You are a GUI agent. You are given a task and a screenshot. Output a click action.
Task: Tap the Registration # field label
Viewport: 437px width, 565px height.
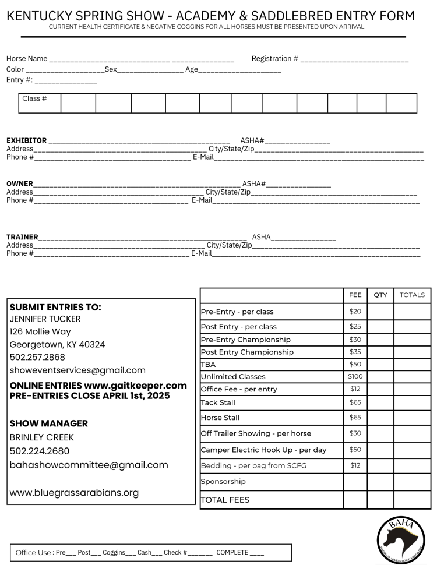click(x=274, y=59)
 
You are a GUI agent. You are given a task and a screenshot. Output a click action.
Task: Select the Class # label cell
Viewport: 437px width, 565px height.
click(x=34, y=98)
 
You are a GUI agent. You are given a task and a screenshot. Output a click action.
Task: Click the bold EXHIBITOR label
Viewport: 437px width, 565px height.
click(x=26, y=140)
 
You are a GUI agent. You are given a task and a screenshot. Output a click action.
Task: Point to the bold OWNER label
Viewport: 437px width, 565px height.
click(x=20, y=184)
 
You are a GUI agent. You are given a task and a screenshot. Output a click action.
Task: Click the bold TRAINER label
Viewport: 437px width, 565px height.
click(x=22, y=237)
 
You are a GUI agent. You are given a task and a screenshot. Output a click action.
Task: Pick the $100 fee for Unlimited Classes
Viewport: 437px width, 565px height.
click(x=355, y=376)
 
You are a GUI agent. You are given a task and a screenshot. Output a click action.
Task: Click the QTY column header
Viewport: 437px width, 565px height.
click(x=380, y=295)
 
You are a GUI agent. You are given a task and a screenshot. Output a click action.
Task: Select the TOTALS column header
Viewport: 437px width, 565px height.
click(x=412, y=295)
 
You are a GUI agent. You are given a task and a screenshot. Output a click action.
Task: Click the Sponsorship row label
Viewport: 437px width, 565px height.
click(x=223, y=482)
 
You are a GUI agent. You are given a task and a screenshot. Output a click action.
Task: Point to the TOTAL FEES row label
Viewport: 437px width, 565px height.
click(x=225, y=500)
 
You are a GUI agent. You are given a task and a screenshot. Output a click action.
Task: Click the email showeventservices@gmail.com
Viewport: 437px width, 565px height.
click(x=77, y=370)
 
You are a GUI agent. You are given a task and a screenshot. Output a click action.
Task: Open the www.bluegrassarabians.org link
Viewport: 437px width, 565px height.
click(x=74, y=493)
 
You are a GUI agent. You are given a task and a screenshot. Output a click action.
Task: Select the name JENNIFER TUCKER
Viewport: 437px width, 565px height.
click(x=45, y=319)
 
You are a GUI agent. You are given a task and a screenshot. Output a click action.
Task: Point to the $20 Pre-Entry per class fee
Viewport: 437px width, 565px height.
click(x=355, y=312)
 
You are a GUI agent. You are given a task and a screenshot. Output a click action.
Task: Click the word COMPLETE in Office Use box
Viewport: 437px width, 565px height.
click(x=232, y=552)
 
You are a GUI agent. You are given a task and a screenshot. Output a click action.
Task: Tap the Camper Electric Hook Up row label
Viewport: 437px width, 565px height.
click(x=263, y=450)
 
